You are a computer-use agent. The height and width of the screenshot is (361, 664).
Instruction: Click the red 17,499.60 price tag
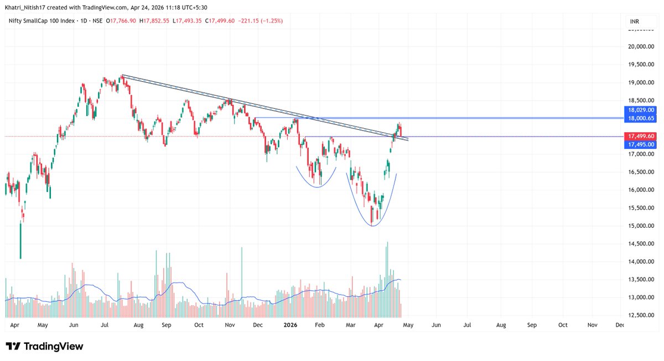[640, 136]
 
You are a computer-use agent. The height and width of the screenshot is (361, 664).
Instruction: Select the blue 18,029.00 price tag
[640, 110]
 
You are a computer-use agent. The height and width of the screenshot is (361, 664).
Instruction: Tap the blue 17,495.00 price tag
[640, 144]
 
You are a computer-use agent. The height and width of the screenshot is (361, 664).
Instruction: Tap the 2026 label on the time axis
[291, 326]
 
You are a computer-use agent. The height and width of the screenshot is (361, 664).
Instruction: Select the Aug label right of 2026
[501, 326]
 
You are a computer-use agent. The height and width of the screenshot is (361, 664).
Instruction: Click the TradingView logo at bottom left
[44, 346]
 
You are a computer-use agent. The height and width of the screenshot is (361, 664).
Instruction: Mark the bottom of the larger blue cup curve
[372, 226]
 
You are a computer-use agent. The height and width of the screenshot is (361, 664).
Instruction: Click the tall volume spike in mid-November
[242, 248]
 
